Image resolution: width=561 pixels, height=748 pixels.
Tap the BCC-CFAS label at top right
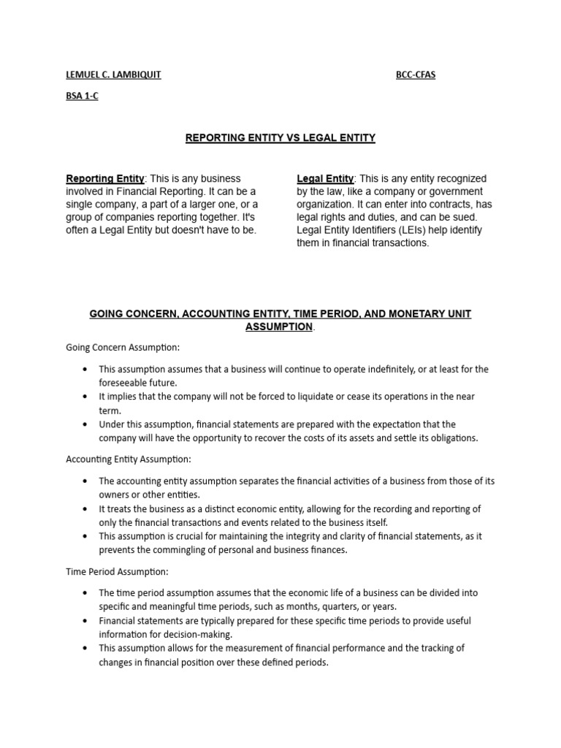click(416, 75)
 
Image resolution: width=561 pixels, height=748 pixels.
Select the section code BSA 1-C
click(82, 96)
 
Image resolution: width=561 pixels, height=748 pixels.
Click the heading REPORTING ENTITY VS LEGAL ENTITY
click(280, 137)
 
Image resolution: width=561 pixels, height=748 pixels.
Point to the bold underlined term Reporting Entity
click(105, 179)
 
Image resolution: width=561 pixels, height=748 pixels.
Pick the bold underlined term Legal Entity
click(325, 179)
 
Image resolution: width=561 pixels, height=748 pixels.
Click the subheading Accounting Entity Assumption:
click(129, 459)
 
